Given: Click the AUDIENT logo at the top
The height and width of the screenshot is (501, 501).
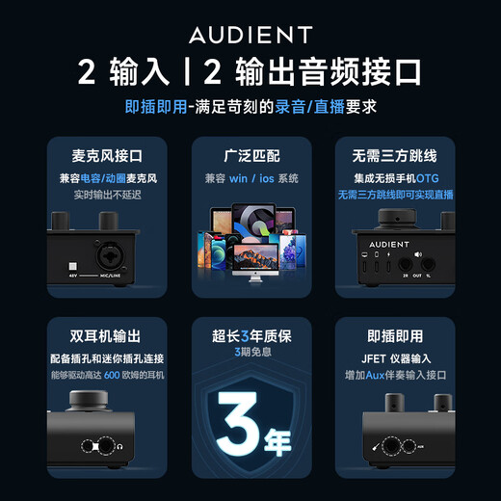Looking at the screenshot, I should click(x=250, y=36).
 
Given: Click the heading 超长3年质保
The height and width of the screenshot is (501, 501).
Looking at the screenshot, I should click(x=250, y=336).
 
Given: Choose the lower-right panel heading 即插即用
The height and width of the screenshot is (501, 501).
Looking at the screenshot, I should click(x=395, y=336).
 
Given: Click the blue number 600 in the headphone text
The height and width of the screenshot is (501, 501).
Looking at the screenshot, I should click(x=112, y=374).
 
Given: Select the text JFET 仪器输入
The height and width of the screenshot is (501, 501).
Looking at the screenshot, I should click(x=395, y=356).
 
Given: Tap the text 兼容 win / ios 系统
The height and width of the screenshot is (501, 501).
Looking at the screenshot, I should click(x=250, y=179).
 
